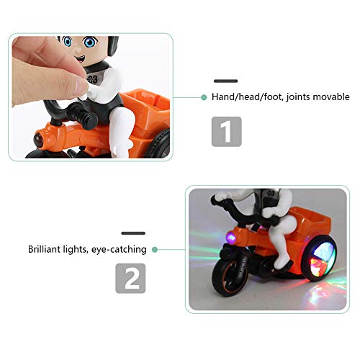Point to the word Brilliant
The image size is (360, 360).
pyautogui.click(x=45, y=249)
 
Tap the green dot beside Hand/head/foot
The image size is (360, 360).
pyautogui.click(x=205, y=96)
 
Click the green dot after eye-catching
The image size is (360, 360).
pyautogui.click(x=155, y=249)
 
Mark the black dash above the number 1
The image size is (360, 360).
pyautogui.click(x=226, y=81)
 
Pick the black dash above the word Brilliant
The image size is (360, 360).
pyautogui.click(x=134, y=233)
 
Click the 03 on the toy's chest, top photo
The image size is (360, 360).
pyautogui.click(x=92, y=79)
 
